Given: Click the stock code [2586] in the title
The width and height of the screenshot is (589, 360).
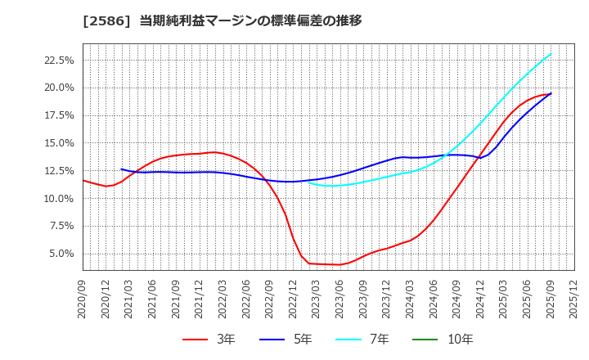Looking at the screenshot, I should point(106,20).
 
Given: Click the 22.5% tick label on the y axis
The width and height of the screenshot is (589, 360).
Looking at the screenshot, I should point(58,60).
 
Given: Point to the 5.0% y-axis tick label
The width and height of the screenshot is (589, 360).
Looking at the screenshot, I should point(61,254).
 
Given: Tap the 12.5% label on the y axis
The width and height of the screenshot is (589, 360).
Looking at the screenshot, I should point(58,171).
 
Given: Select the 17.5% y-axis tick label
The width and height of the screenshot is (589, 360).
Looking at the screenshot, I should point(58,115).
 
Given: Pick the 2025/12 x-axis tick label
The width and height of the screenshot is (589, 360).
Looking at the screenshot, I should point(574,299).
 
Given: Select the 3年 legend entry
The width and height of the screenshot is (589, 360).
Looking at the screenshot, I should point(209,339).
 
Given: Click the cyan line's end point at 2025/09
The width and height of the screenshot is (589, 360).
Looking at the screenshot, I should point(551,54).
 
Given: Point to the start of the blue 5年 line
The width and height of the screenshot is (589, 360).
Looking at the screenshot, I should point(121,169).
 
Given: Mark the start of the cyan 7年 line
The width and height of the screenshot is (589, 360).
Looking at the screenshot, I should point(309,182).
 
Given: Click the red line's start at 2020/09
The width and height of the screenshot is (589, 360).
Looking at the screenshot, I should point(83,180).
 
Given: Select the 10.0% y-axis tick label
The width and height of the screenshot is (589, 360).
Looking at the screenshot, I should point(58,198).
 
